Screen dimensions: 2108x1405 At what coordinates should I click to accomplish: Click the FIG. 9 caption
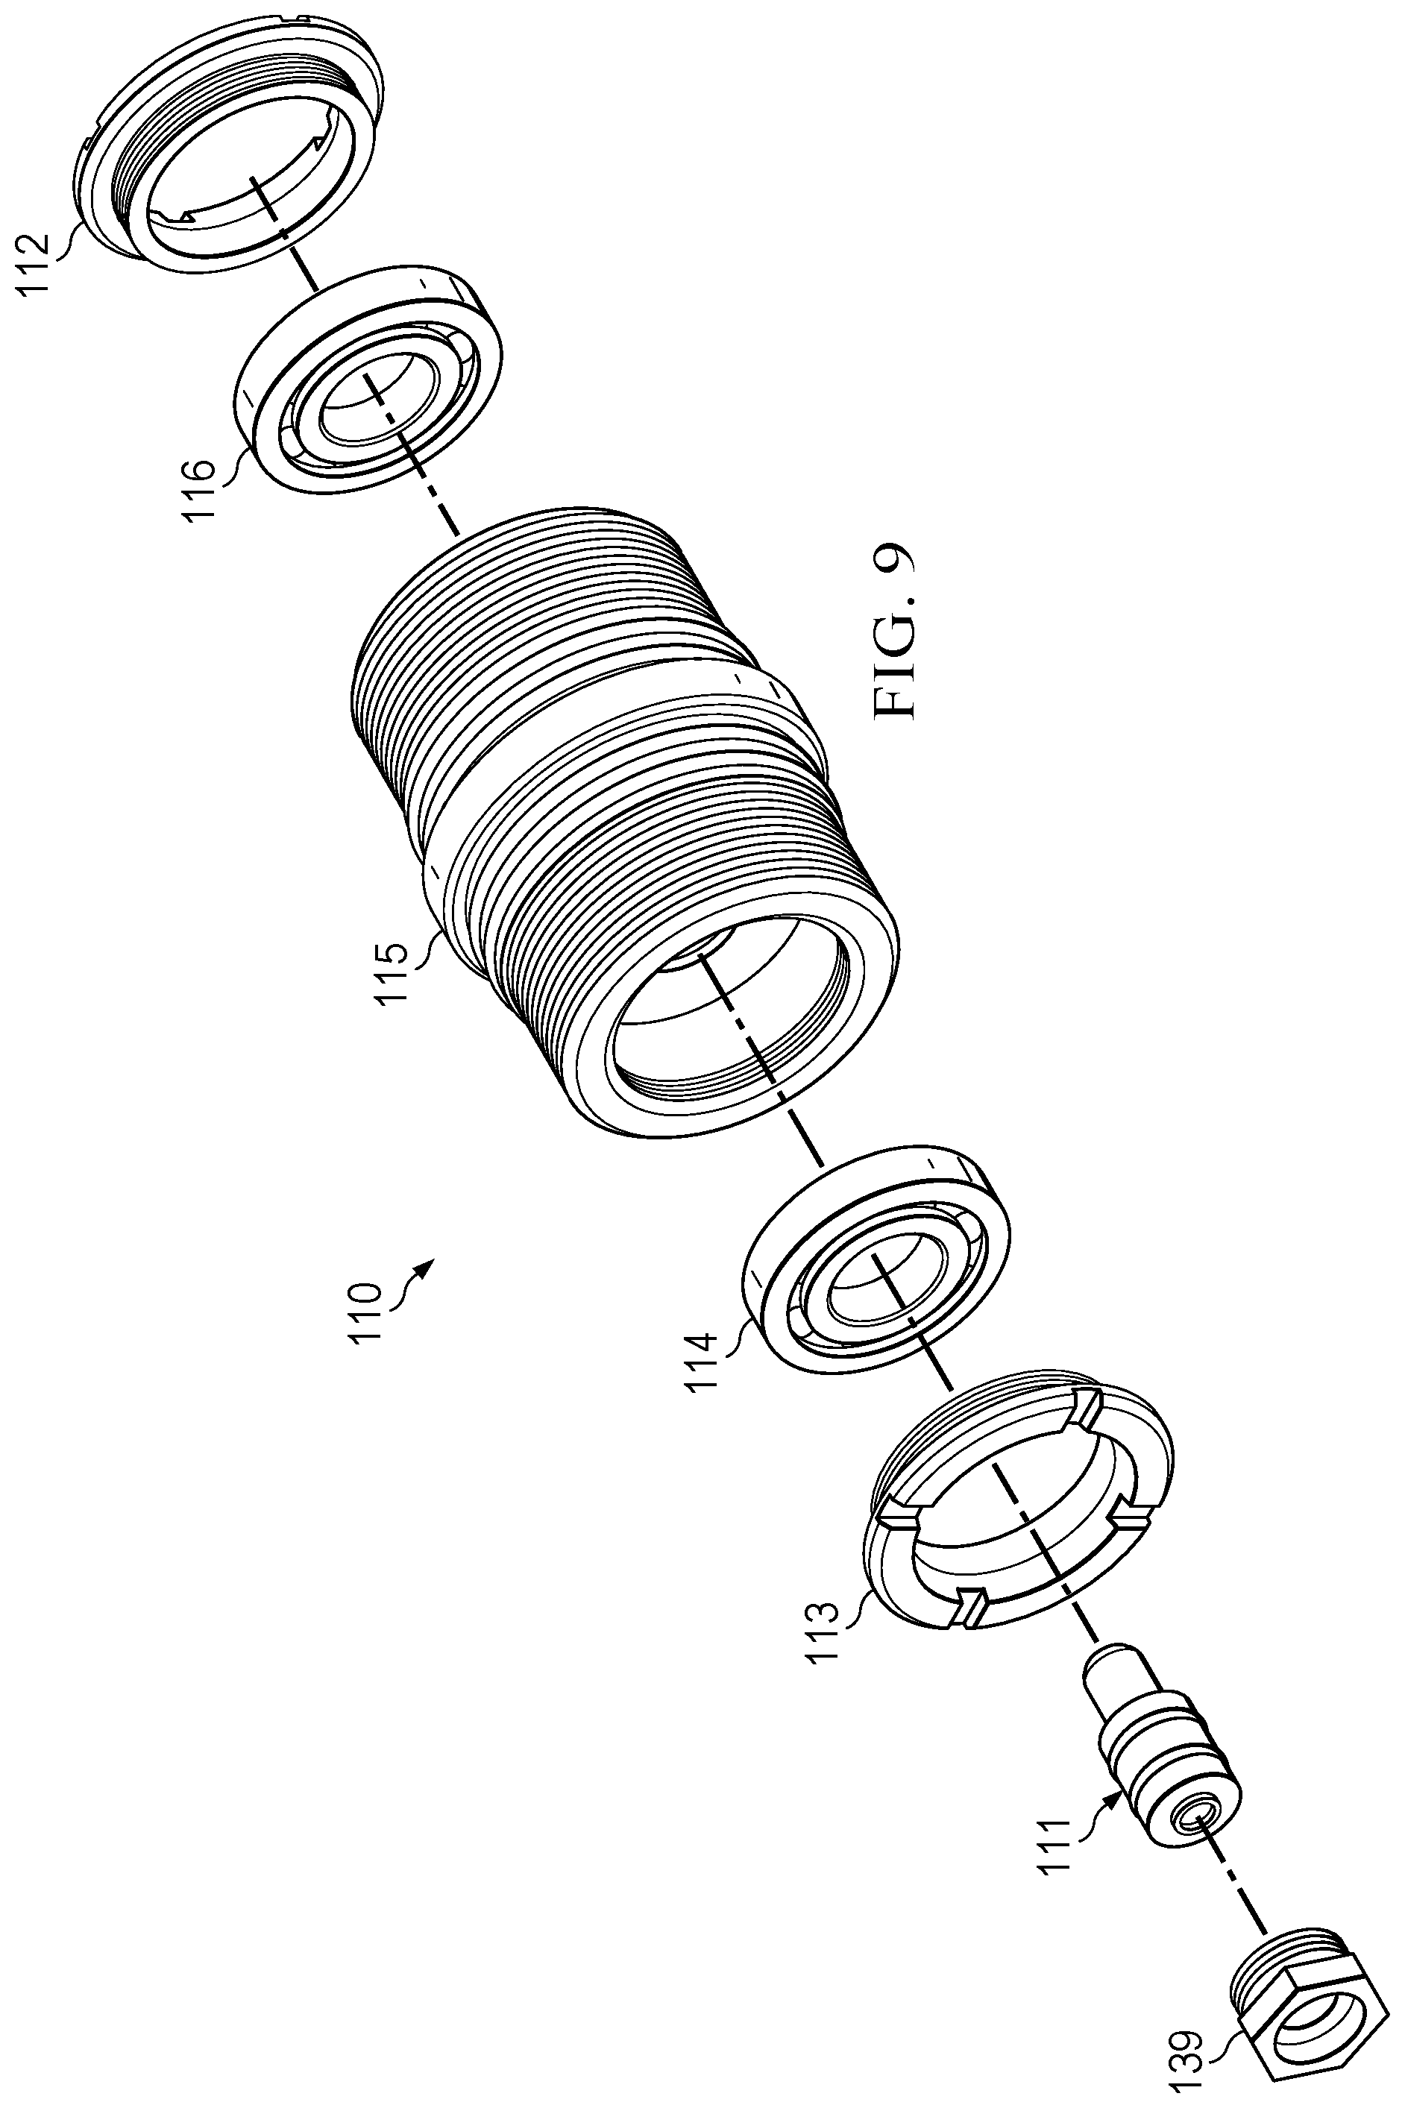(893, 632)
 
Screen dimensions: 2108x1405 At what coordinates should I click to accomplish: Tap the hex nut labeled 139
(1303, 2024)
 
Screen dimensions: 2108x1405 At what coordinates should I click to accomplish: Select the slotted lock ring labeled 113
(1022, 1505)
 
